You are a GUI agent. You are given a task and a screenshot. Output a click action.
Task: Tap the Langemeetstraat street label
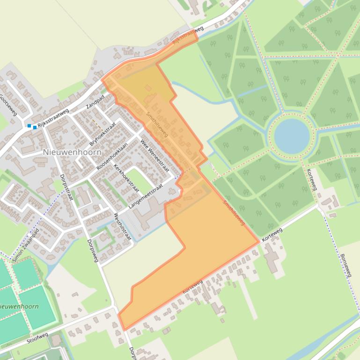coord(146,195)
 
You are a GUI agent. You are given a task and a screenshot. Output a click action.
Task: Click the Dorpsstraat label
coord(66,187)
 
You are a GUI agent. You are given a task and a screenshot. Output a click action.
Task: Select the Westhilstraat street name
coord(123,226)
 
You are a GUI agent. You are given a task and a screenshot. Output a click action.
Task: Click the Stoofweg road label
coord(37,338)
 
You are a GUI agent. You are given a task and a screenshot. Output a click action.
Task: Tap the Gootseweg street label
coord(8,105)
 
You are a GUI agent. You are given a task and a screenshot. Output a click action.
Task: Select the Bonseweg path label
coord(345,266)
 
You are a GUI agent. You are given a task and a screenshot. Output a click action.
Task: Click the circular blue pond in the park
coord(292,136)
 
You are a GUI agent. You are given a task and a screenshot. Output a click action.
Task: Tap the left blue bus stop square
coord(29,126)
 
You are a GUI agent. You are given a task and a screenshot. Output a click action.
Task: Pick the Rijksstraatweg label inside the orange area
coord(188,36)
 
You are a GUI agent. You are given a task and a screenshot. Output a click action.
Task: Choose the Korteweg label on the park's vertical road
coord(312,180)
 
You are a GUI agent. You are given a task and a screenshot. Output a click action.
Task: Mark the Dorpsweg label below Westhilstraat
coord(93,251)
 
